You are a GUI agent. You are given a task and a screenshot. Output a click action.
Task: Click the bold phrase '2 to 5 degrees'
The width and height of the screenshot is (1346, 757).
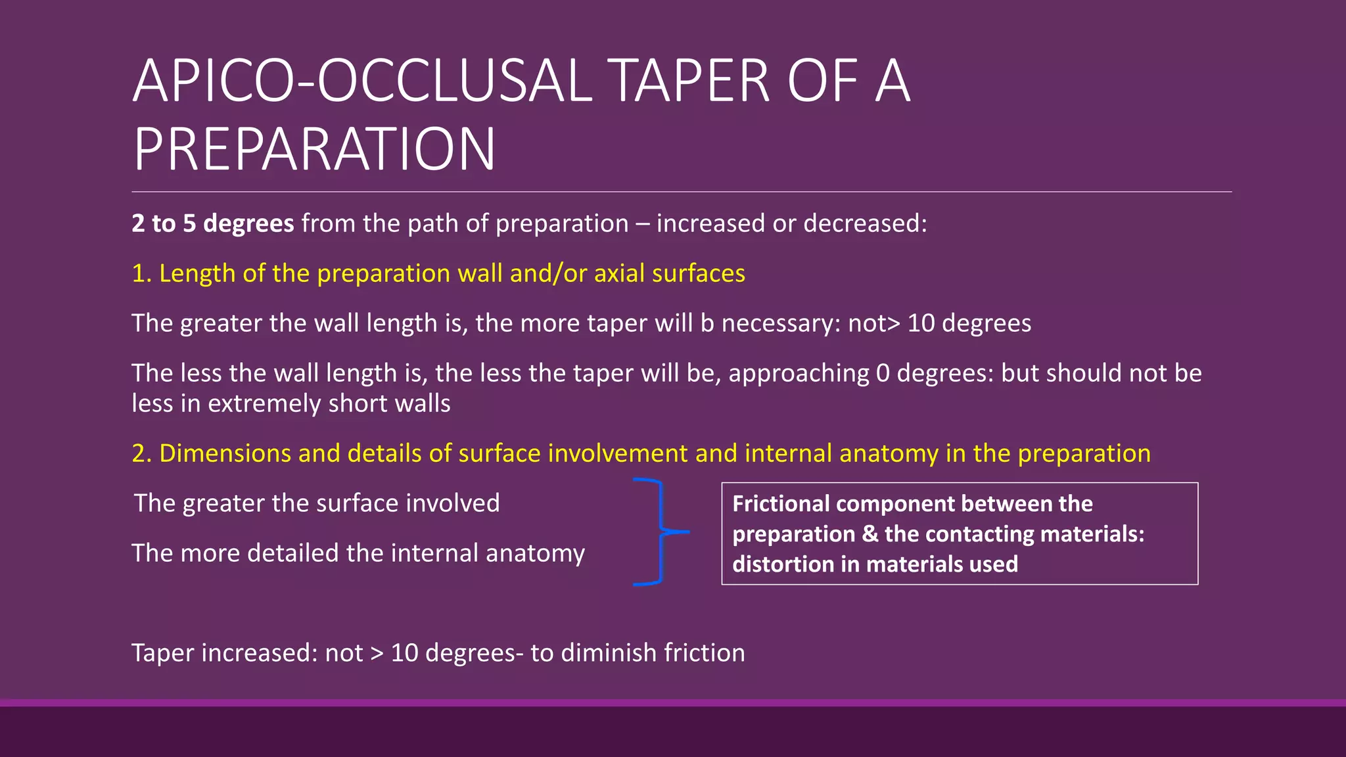point(212,223)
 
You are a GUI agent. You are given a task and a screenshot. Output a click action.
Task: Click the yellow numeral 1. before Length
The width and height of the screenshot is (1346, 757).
point(141,273)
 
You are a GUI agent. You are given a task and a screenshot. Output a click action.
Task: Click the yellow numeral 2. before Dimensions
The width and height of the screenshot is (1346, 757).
point(141,453)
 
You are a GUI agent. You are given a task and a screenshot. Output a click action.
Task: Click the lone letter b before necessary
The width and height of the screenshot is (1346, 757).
point(707,323)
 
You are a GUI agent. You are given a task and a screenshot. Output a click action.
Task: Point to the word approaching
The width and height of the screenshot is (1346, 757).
point(799,373)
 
